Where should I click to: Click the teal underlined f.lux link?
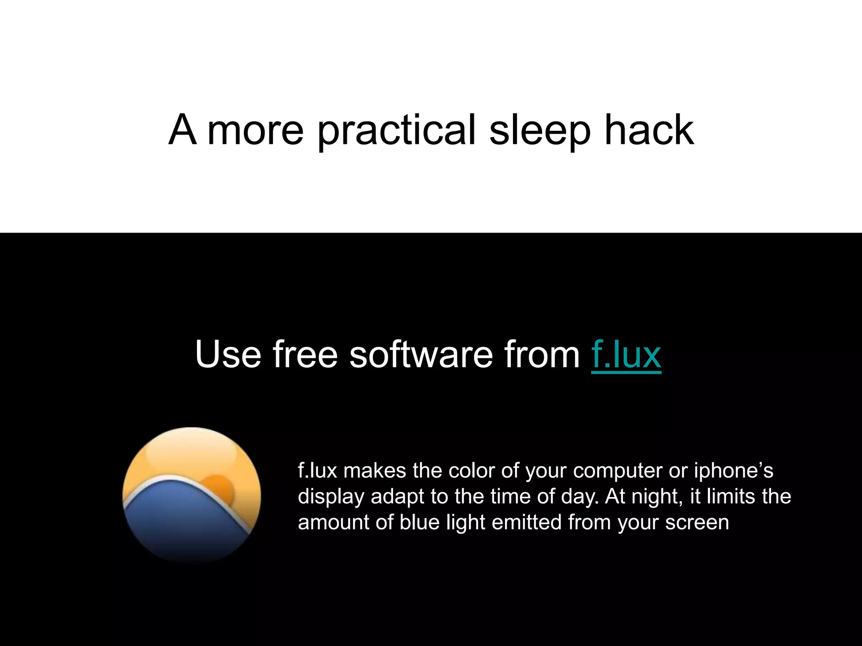click(x=626, y=355)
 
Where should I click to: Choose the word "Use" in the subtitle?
click(x=228, y=355)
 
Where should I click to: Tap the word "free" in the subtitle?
click(x=305, y=355)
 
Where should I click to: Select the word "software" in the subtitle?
click(x=421, y=355)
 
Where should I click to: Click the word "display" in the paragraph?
click(x=331, y=496)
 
